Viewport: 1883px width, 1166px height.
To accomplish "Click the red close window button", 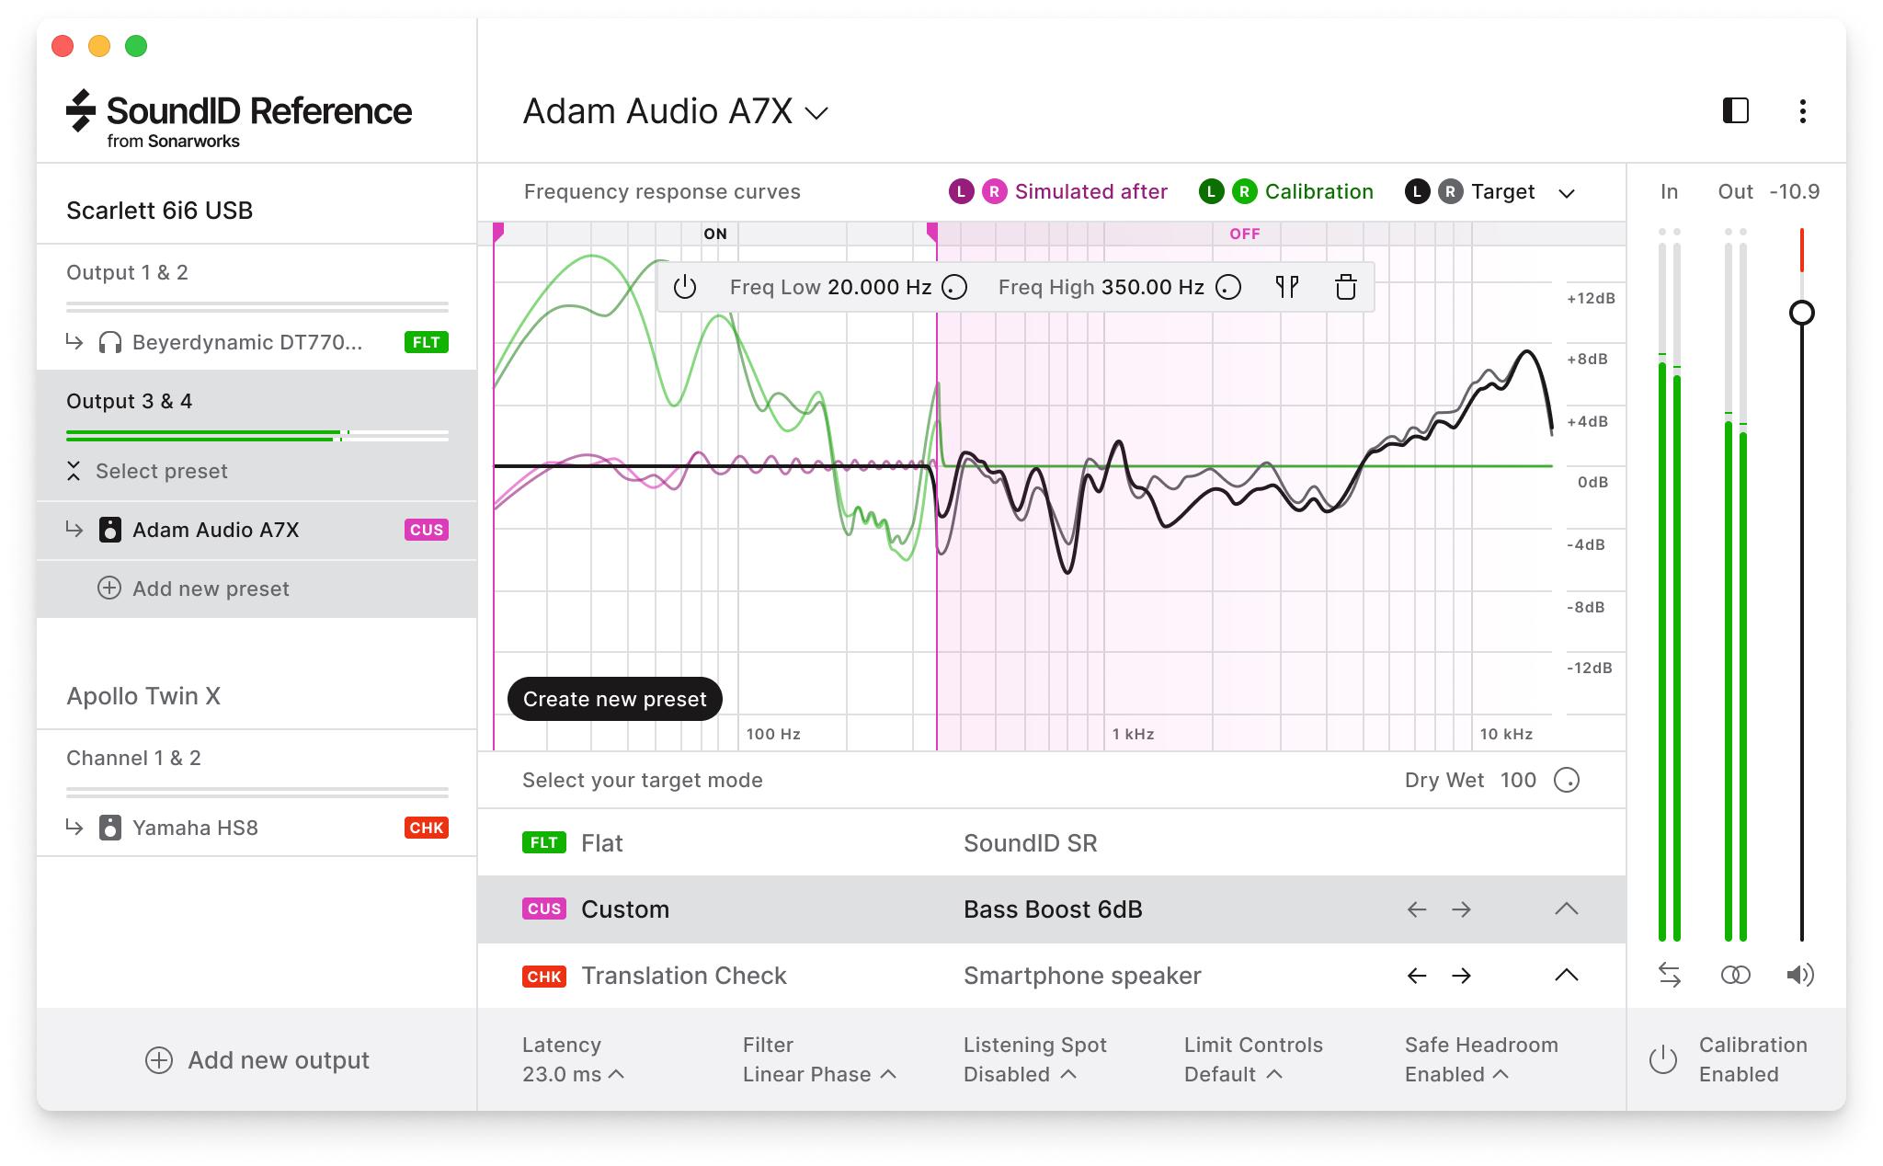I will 63,46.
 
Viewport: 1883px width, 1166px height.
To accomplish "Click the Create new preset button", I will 614,699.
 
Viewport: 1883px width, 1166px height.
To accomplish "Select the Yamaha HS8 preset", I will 195,828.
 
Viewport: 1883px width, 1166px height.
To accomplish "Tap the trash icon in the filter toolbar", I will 1345,288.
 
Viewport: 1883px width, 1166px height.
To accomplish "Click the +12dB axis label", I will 1591,299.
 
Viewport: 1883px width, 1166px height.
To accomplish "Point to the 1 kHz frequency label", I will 1133,734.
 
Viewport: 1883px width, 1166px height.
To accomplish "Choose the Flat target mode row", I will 602,843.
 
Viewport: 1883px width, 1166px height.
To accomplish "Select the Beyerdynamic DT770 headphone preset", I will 246,343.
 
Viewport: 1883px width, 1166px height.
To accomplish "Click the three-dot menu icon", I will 1802,111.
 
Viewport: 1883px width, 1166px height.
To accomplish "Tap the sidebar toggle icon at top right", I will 1735,111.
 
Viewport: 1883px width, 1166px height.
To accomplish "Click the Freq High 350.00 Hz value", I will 1152,288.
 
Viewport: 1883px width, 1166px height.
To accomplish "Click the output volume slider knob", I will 1801,313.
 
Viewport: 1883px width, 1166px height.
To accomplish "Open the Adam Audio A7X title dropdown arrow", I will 816,113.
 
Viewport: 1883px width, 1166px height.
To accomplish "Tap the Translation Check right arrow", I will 1461,976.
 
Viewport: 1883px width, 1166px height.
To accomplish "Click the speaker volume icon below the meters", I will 1799,975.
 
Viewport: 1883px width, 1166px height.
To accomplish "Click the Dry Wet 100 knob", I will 1566,781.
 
